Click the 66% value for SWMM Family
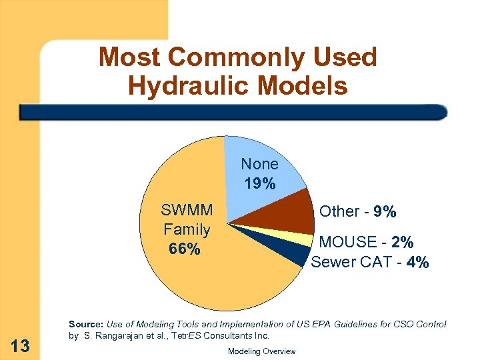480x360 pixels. click(x=184, y=249)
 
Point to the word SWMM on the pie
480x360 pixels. click(x=187, y=211)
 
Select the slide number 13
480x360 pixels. click(x=21, y=345)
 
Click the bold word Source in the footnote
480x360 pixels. click(x=83, y=325)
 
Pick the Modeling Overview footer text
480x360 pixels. click(x=261, y=351)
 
